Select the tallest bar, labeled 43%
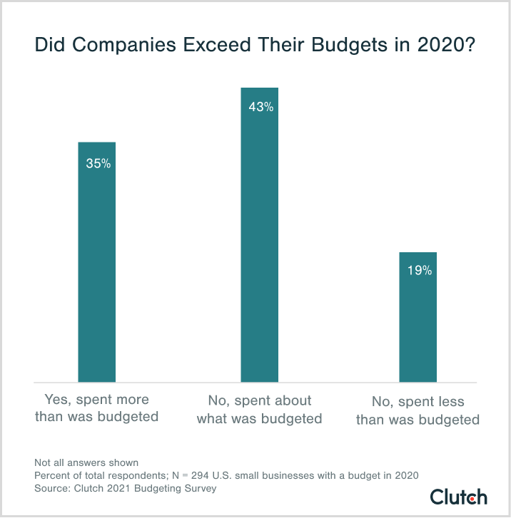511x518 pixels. [x=259, y=235]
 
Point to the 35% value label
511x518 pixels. [x=98, y=163]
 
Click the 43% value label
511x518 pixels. [x=260, y=108]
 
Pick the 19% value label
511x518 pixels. [x=419, y=271]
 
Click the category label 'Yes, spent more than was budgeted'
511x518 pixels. [x=96, y=408]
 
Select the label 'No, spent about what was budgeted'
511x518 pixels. [x=259, y=409]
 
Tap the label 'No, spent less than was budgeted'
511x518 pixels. [x=418, y=411]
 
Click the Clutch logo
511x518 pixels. [x=458, y=496]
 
